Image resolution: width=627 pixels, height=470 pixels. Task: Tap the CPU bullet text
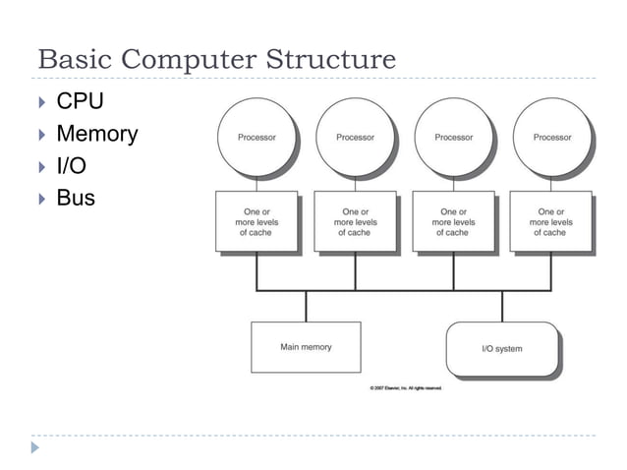80,101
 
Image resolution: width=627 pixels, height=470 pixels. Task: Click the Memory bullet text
96,134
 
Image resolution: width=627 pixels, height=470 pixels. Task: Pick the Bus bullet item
76,198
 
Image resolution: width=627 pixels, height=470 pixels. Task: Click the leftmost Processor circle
256,138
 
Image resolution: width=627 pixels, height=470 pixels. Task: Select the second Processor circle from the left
355,138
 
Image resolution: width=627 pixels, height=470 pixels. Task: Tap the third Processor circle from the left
453,138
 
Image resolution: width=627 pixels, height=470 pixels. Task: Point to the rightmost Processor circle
551,138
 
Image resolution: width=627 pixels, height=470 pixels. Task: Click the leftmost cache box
256,221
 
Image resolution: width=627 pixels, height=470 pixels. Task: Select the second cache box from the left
355,221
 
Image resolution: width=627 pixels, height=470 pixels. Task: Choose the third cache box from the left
453,221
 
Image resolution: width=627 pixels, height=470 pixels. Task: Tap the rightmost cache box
551,221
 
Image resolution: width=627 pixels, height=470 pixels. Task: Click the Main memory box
306,347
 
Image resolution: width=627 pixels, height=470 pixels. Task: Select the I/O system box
502,349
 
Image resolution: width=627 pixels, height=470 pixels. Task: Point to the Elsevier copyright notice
406,388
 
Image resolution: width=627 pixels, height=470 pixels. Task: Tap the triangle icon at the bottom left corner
36,447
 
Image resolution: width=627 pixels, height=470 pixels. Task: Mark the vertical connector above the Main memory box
306,306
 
